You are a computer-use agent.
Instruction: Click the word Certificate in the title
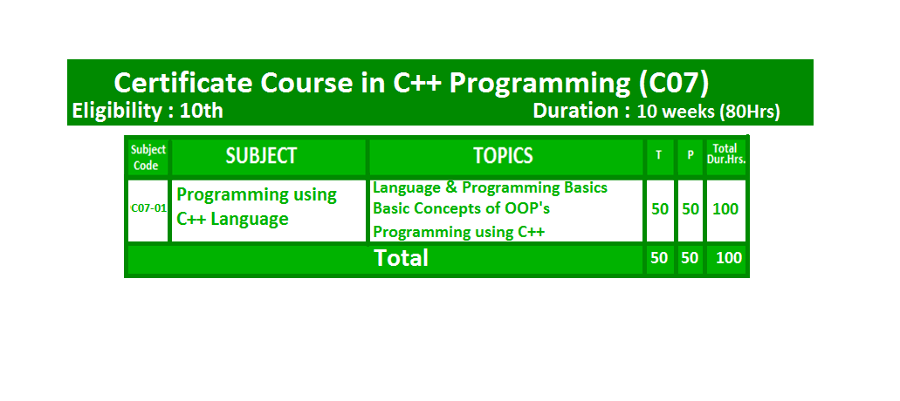coord(183,83)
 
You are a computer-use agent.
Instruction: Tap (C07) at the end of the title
coord(674,84)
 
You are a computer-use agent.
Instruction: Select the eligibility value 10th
coord(202,111)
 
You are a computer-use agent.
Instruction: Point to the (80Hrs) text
coord(750,112)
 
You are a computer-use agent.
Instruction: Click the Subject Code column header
coord(148,158)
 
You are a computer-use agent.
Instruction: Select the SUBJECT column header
coord(261,156)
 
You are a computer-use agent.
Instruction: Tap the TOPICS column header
coord(504,156)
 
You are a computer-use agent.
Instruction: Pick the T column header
coord(659,155)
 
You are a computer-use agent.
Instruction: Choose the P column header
coord(690,155)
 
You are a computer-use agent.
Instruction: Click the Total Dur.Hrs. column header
coord(726,154)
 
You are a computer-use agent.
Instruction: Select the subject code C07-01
coord(148,208)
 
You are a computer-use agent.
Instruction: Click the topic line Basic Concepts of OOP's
coord(462,208)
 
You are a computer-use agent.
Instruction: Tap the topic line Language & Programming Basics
coord(491,188)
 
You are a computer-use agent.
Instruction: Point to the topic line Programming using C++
coord(458,232)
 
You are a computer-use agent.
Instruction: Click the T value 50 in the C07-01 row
coord(660,209)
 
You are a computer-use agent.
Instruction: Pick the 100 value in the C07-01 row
coord(725,209)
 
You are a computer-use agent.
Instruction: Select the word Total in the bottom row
coord(402,258)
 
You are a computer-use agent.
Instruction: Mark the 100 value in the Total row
coord(729,258)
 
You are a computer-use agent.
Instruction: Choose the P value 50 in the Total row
coord(690,258)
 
